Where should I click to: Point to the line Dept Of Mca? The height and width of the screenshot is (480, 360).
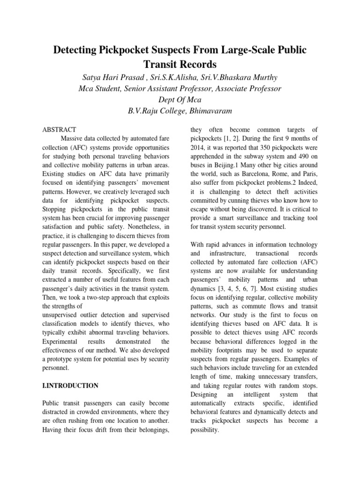tap(180, 100)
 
